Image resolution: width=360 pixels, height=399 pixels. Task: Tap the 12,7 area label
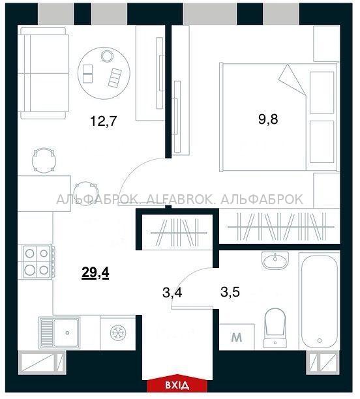[103, 121]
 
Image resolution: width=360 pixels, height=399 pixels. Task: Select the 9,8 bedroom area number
[268, 119]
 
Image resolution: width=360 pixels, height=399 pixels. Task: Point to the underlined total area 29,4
[95, 274]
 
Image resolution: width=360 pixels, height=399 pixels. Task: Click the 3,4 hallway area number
[172, 293]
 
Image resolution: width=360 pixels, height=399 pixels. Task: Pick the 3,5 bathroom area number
[230, 292]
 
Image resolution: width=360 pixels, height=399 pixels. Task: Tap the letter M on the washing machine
[237, 338]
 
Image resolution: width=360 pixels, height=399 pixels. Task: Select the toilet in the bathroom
[275, 327]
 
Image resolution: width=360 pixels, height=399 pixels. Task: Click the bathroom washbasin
[275, 260]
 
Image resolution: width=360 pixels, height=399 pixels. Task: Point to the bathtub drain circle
[320, 340]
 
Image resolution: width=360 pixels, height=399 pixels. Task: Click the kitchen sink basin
[67, 332]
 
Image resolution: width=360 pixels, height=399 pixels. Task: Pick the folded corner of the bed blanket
[292, 80]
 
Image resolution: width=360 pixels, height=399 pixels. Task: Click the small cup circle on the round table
[107, 55]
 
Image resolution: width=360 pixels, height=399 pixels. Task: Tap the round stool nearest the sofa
[44, 160]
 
